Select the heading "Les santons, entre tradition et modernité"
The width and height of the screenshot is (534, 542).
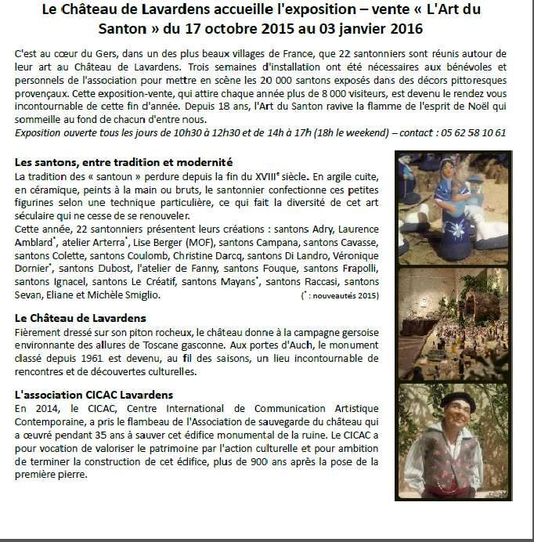(124, 162)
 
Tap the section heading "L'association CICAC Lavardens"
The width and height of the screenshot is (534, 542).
(93, 395)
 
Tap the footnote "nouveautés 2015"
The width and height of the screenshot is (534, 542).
(345, 296)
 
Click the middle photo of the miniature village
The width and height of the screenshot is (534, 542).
(453, 324)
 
